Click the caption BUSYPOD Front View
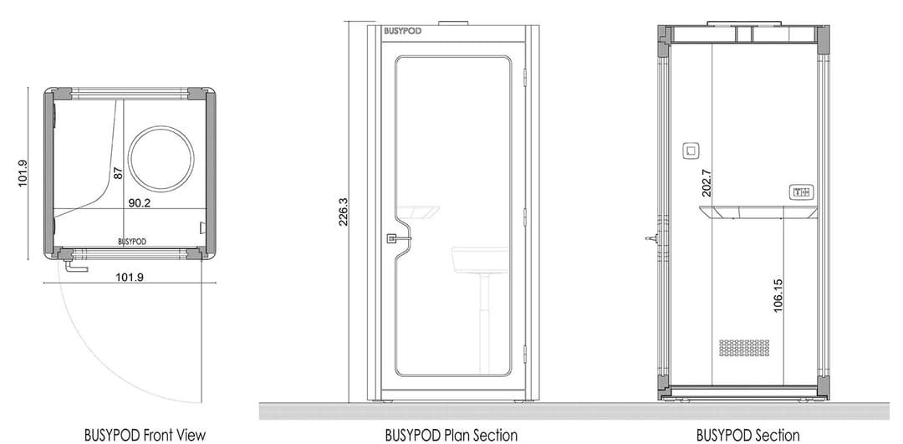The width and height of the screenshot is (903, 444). [x=145, y=435]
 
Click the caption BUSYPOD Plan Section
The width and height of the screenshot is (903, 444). [x=451, y=435]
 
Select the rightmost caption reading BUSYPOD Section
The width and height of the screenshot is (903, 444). [x=747, y=435]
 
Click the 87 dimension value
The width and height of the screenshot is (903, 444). [x=118, y=173]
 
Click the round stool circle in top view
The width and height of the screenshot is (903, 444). [x=160, y=158]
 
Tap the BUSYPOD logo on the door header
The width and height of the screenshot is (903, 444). [x=403, y=32]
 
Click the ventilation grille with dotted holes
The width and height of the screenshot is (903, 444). [x=743, y=347]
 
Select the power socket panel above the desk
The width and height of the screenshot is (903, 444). [x=801, y=193]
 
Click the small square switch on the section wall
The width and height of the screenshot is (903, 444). [x=691, y=151]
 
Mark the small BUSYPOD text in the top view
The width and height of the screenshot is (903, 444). [x=132, y=241]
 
